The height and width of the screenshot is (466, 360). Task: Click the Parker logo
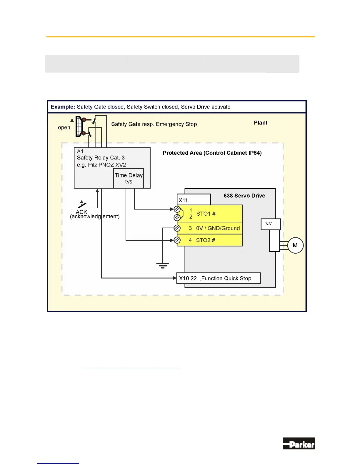pyautogui.click(x=299, y=443)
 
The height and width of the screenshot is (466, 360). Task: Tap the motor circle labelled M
pyautogui.click(x=295, y=245)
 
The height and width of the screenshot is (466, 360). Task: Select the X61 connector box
pyautogui.click(x=271, y=224)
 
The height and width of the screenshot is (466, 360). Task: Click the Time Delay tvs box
pyautogui.click(x=129, y=178)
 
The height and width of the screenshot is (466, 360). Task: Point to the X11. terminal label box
pyautogui.click(x=194, y=200)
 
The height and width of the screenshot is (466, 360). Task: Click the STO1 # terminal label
pyautogui.click(x=206, y=214)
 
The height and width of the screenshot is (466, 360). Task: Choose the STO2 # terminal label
pyautogui.click(x=205, y=240)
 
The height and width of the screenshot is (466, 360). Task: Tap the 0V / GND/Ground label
pyautogui.click(x=218, y=228)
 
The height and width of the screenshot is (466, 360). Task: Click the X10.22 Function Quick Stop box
pyautogui.click(x=218, y=278)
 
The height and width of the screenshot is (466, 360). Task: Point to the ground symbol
pyautogui.click(x=162, y=265)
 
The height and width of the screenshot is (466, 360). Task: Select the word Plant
pyautogui.click(x=261, y=123)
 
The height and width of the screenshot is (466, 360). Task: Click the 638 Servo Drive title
pyautogui.click(x=244, y=196)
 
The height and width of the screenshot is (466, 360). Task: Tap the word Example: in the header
pyautogui.click(x=63, y=107)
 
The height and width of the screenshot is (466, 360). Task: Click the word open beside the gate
pyautogui.click(x=64, y=127)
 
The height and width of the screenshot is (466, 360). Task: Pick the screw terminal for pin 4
pyautogui.click(x=177, y=240)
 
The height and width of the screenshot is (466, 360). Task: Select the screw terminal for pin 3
pyautogui.click(x=177, y=228)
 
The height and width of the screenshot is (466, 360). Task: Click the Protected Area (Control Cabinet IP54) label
pyautogui.click(x=212, y=153)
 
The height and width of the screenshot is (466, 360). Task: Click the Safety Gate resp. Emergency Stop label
pyautogui.click(x=154, y=124)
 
